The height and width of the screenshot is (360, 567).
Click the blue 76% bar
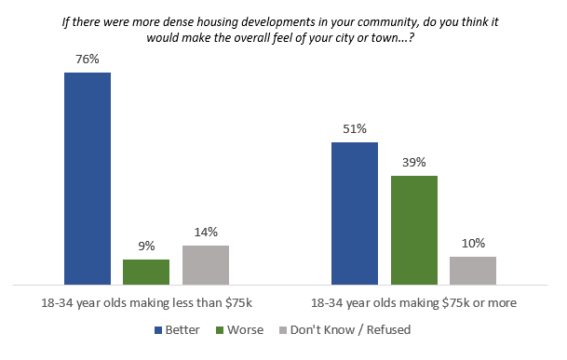88,178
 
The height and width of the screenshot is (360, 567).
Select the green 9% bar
146,272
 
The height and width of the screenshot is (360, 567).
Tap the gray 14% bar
206,264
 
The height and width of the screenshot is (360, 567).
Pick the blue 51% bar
355,213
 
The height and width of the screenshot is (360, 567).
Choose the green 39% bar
413,230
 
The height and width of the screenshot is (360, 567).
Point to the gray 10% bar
473,270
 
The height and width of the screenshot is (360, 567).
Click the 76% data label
88,59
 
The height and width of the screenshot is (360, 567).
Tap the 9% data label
146,247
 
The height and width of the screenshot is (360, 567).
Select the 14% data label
206,233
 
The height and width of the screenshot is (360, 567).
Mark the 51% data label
355,129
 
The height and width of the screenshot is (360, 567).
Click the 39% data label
413,163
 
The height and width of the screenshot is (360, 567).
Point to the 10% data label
473,244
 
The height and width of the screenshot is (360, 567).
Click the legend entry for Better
188,329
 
